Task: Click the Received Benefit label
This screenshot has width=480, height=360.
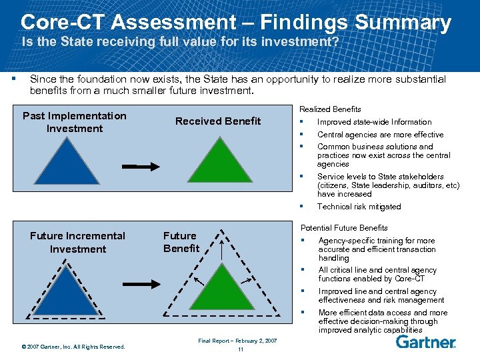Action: pyautogui.click(x=218, y=121)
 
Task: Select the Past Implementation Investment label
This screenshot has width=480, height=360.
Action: pyautogui.click(x=74, y=122)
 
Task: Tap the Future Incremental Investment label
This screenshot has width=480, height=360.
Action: pyautogui.click(x=77, y=242)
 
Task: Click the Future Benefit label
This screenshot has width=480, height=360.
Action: pyautogui.click(x=181, y=242)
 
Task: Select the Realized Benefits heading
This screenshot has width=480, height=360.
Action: pyautogui.click(x=330, y=109)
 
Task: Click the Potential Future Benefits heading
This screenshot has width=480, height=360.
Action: pyautogui.click(x=344, y=228)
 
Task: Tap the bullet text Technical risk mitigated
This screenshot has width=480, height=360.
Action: pyautogui.click(x=359, y=207)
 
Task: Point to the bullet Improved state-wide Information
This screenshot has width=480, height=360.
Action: pyautogui.click(x=374, y=122)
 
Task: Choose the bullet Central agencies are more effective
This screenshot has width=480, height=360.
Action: pyautogui.click(x=380, y=135)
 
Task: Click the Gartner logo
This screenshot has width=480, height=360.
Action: pyautogui.click(x=425, y=342)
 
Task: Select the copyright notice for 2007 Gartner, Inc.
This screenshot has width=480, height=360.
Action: pyautogui.click(x=73, y=346)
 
